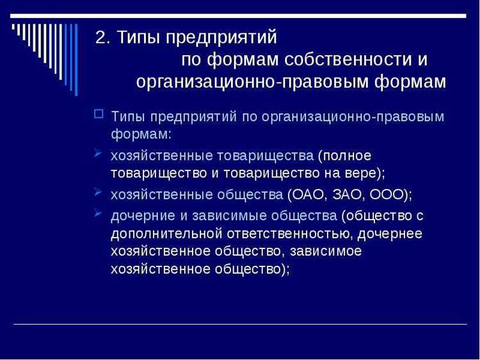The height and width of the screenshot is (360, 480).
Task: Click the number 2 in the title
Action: [101, 37]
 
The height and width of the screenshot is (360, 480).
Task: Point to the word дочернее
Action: [390, 233]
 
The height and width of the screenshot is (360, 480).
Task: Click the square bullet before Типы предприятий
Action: [98, 115]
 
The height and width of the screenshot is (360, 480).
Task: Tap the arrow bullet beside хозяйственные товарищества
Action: [98, 154]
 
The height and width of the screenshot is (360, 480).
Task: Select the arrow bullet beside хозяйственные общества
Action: [98, 192]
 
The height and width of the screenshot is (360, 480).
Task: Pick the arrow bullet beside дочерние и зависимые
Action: [98, 213]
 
